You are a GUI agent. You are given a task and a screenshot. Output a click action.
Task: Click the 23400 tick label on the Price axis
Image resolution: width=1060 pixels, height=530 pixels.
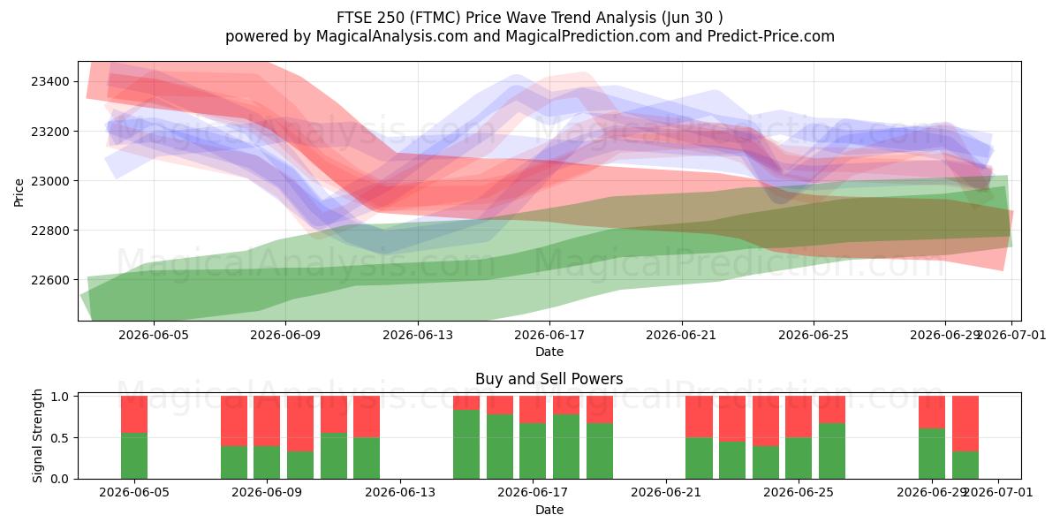pos(50,82)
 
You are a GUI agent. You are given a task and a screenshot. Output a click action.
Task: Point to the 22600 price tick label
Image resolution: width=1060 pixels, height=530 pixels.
pos(50,280)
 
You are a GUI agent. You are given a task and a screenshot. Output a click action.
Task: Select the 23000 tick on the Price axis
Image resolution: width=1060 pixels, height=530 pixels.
pos(50,181)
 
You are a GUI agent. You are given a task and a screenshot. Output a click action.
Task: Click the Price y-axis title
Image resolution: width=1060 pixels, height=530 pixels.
pos(19,193)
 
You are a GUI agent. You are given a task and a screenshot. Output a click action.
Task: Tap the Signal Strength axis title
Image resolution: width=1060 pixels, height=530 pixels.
pos(37,435)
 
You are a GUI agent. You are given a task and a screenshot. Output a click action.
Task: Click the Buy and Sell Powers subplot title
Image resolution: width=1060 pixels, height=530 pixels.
pos(549,379)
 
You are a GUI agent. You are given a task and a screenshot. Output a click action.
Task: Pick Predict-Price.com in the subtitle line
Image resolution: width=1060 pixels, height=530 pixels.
pos(771,36)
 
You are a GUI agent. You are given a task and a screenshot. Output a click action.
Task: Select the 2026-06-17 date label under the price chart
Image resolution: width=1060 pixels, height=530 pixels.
pos(549,336)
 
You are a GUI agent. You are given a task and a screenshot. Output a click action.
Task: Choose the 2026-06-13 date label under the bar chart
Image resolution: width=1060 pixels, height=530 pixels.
pos(400,493)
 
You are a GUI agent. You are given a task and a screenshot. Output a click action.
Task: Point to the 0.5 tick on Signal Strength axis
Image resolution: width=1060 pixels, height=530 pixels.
pos(60,438)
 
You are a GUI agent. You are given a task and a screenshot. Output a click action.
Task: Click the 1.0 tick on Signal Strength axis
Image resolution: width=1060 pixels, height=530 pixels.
pos(60,396)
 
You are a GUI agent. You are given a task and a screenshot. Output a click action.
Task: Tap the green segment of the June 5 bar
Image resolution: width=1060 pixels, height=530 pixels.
pos(134,456)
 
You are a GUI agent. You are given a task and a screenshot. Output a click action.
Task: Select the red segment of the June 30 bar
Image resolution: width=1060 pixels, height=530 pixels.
pos(965,423)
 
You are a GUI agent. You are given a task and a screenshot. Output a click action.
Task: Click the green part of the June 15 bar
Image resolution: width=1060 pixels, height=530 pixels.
pos(466,444)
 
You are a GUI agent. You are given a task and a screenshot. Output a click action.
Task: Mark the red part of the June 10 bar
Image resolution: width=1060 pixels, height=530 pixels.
pos(300,423)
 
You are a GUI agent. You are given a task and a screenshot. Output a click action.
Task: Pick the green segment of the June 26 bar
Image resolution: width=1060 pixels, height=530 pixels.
pos(832,451)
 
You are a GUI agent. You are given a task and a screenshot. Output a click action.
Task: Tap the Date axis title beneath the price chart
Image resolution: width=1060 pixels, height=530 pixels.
pos(549,352)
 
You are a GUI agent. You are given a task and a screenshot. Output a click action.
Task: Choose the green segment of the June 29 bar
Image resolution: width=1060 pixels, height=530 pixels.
pos(932,454)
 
